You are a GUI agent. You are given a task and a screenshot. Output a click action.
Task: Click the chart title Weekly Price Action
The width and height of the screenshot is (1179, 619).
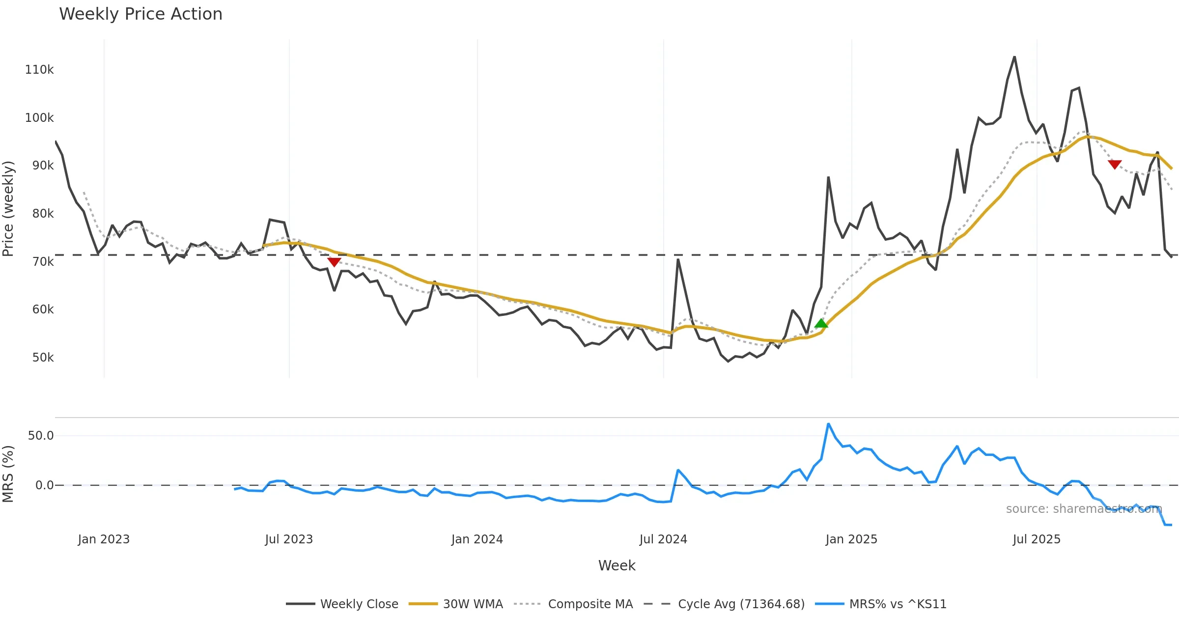pyautogui.click(x=140, y=14)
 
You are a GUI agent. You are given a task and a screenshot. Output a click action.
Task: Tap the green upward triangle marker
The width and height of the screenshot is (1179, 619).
pyautogui.click(x=821, y=323)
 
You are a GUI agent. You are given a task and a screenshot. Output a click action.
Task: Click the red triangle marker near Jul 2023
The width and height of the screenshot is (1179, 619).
pyautogui.click(x=334, y=262)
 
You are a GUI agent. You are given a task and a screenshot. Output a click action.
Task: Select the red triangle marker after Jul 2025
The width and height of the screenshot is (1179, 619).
pyautogui.click(x=1115, y=164)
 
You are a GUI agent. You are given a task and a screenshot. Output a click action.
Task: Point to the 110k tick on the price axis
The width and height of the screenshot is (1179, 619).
pyautogui.click(x=39, y=70)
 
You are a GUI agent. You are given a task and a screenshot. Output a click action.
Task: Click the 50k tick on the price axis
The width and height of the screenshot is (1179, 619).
pyautogui.click(x=43, y=358)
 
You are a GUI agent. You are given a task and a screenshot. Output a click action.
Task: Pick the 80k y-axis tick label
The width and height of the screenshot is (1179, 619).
pyautogui.click(x=43, y=214)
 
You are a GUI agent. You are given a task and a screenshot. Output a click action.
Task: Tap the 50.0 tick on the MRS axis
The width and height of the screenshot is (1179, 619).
pyautogui.click(x=41, y=436)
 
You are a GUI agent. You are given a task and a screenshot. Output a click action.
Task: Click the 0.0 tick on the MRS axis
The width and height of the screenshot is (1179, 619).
pyautogui.click(x=44, y=485)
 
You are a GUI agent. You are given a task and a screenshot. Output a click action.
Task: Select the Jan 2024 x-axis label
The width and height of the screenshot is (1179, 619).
pyautogui.click(x=477, y=539)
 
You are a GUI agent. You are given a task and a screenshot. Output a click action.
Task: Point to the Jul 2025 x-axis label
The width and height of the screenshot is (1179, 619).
pyautogui.click(x=1037, y=539)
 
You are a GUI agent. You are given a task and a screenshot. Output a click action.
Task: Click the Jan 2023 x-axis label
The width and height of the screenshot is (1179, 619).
pyautogui.click(x=104, y=539)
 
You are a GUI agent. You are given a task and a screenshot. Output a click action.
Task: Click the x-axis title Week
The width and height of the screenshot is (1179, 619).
pyautogui.click(x=617, y=566)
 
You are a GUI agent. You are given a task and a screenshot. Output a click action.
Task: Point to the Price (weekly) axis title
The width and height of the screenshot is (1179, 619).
pyautogui.click(x=8, y=209)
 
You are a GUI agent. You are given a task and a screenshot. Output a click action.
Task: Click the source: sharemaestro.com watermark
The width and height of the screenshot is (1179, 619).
pyautogui.click(x=1084, y=509)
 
